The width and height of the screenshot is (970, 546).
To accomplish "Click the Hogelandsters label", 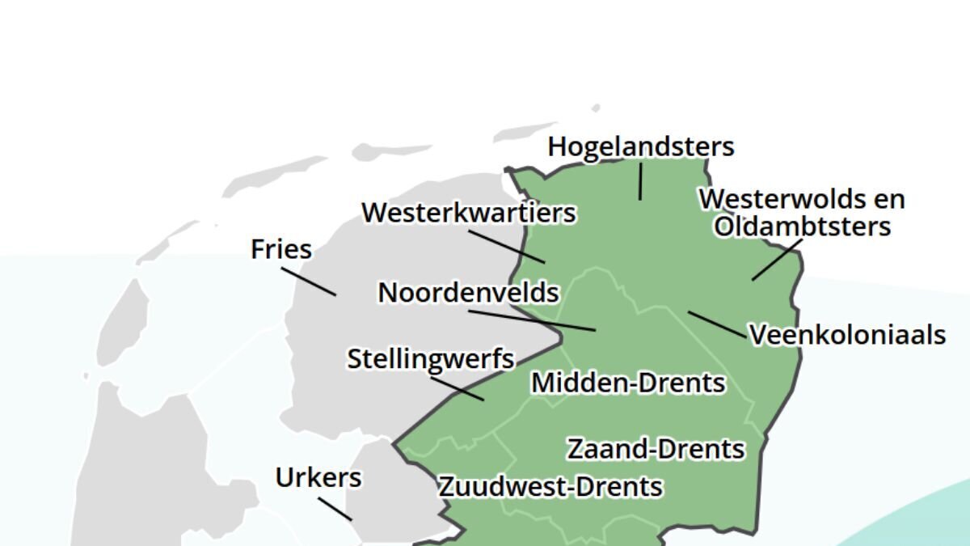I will (x=640, y=146).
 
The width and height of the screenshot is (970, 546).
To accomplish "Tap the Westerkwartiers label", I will (x=469, y=213).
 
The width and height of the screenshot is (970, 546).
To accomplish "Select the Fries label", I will (x=281, y=249).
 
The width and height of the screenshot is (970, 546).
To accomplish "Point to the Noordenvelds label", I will (x=469, y=292).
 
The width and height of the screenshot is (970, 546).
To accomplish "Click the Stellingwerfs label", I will (x=431, y=358).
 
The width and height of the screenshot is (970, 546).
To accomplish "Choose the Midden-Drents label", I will (x=628, y=383).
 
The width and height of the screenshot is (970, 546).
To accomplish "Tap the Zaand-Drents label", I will (x=656, y=448).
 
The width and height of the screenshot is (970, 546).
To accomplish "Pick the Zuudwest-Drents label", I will (x=550, y=487).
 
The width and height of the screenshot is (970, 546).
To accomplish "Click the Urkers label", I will (x=318, y=477).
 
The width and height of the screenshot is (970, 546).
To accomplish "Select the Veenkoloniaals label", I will (x=847, y=335).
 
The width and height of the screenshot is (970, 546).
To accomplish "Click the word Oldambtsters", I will (x=802, y=226).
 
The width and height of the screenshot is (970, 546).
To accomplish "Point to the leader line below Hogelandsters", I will (x=640, y=181).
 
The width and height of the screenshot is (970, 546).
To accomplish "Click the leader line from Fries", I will (x=309, y=281).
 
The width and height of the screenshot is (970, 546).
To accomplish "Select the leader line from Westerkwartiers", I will (x=506, y=246).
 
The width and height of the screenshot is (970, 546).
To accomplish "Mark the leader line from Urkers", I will (x=335, y=509).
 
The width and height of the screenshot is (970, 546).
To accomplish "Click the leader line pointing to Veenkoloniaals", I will (x=717, y=324).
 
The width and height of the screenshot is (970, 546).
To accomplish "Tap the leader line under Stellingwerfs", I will (x=458, y=388).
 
